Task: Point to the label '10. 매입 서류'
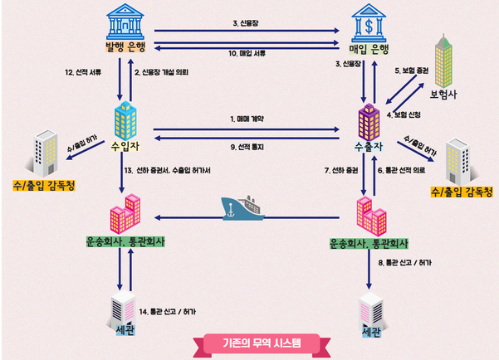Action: pos(247,52)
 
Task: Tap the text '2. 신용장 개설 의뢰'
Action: pos(165,72)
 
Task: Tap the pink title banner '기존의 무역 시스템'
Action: pos(249,343)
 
